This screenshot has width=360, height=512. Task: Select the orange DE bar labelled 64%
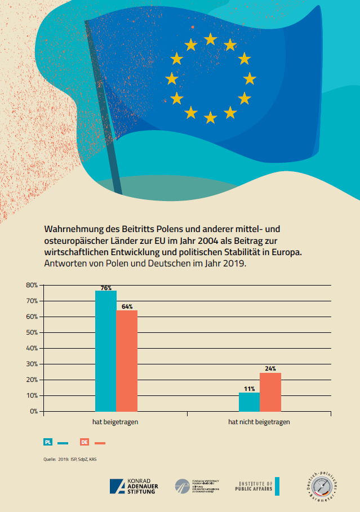tap(127, 360)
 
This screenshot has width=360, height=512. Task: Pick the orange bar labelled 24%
tap(270, 392)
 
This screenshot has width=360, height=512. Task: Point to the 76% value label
tap(106, 288)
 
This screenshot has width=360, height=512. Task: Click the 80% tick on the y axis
tap(32, 285)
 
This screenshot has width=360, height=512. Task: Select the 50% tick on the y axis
tap(32, 332)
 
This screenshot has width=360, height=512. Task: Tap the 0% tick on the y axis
tap(33, 411)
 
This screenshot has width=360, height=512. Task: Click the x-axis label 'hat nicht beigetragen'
tap(259, 421)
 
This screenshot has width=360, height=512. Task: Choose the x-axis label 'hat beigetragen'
tap(116, 421)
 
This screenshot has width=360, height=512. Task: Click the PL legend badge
tap(48, 442)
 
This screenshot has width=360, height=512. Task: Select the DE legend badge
tap(85, 442)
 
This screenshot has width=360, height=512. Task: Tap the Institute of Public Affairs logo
tap(257, 486)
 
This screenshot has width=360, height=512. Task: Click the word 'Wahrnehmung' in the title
tap(75, 230)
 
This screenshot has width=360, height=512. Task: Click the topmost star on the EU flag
tap(211, 39)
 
